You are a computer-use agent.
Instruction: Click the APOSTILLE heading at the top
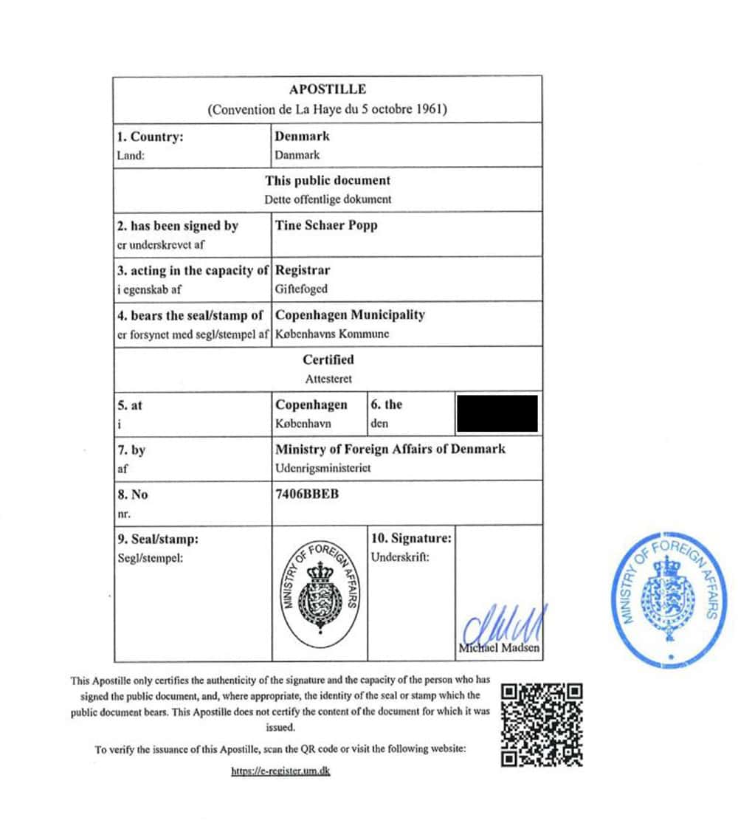[328, 89]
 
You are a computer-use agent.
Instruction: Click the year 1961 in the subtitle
[431, 110]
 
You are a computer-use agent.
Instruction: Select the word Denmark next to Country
[302, 137]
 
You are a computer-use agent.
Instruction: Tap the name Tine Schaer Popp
[325, 226]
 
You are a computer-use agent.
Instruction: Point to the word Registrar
[303, 270]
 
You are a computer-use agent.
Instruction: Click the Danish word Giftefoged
[301, 289]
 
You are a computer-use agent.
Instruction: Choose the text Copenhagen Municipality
[350, 315]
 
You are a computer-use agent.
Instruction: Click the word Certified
[328, 360]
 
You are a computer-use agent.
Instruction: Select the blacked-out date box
[497, 413]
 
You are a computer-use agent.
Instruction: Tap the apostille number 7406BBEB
[307, 495]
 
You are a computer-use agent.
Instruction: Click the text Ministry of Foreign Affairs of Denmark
[390, 449]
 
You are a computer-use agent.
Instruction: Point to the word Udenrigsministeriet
[323, 469]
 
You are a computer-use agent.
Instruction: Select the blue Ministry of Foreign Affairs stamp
[666, 596]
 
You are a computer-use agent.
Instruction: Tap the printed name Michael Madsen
[499, 649]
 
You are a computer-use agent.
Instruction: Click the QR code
[542, 724]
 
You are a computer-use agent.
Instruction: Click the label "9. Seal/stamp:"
[158, 540]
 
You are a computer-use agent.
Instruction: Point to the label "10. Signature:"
[411, 539]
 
